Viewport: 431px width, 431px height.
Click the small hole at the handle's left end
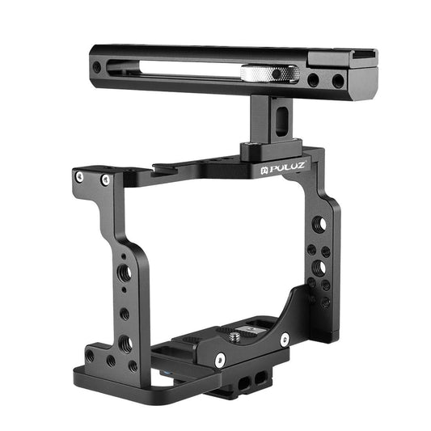tap(98, 66)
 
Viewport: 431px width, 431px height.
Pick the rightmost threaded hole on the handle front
tap(336, 81)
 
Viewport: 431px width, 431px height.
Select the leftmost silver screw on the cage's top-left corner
tap(79, 175)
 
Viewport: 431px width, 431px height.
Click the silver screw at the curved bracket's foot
tap(284, 339)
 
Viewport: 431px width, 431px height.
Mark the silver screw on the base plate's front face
tap(219, 359)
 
